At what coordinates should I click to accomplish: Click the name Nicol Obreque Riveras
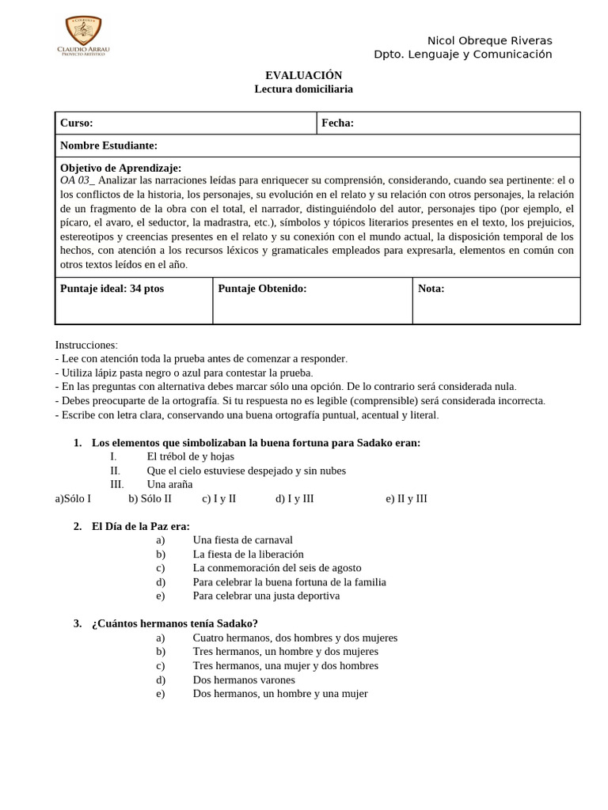tap(489, 40)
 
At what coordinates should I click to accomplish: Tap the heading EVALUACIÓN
tap(303, 74)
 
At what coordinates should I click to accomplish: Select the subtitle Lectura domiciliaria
tap(303, 89)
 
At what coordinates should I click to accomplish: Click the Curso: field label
tap(77, 123)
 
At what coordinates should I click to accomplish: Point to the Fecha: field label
tap(337, 123)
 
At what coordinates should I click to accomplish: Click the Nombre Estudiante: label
tap(108, 146)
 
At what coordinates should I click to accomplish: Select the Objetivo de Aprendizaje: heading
tap(120, 168)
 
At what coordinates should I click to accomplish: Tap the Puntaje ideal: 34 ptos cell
tap(112, 289)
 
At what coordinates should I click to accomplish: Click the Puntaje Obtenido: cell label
tap(262, 289)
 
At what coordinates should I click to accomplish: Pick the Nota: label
tap(431, 289)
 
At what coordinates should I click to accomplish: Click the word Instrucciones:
tap(86, 345)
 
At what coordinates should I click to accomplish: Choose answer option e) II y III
tap(406, 498)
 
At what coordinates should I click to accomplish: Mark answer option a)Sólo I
tap(73, 498)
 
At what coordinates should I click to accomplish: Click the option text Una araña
tap(169, 484)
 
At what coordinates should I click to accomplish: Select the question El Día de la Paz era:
tap(140, 526)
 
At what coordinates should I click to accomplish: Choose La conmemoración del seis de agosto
tap(276, 568)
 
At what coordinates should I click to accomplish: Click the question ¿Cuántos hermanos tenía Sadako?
tap(174, 623)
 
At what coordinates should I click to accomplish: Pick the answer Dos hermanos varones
tap(243, 679)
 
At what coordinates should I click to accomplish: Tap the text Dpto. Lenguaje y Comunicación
tap(462, 55)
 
